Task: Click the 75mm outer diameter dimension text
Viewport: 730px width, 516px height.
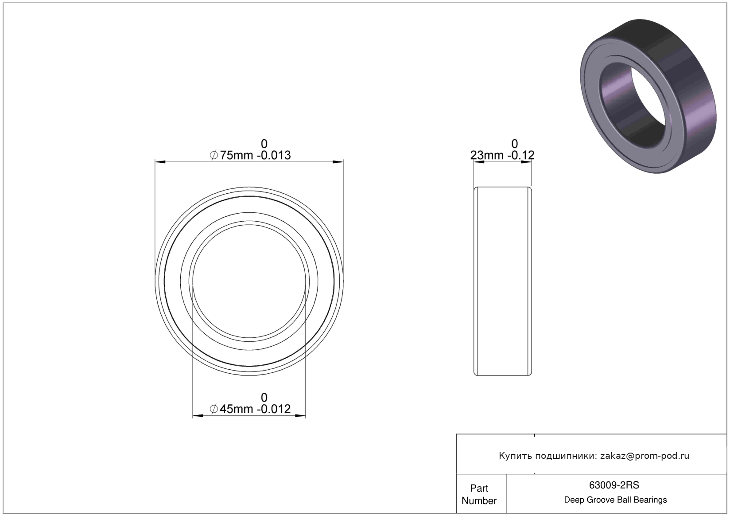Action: (x=236, y=155)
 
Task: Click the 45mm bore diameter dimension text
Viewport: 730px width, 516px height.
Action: (x=236, y=409)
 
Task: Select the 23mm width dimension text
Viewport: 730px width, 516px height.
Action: (x=487, y=155)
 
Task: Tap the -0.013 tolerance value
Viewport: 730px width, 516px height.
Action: (x=274, y=155)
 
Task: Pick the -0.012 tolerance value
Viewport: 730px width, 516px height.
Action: (x=274, y=409)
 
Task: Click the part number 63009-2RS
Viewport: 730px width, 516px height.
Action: (x=614, y=485)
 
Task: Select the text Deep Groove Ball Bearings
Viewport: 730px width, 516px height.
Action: (x=615, y=500)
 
